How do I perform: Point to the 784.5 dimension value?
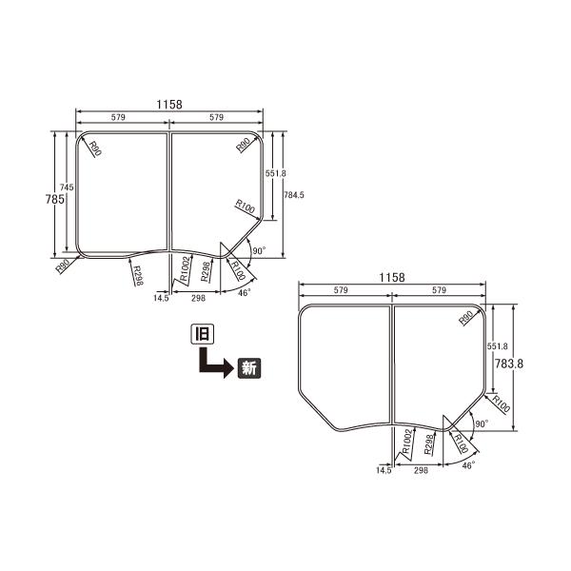[294, 194]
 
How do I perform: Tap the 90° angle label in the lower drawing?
[481, 423]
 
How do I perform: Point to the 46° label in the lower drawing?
[467, 466]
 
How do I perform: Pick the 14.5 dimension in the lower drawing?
[384, 470]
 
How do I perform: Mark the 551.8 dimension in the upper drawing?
[275, 173]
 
